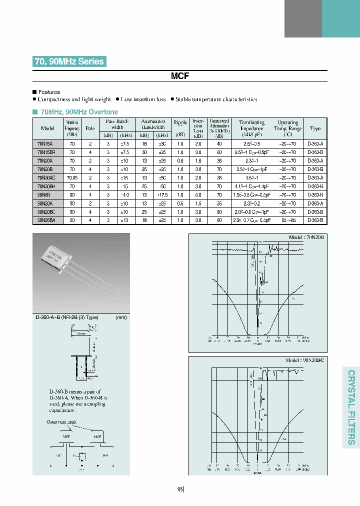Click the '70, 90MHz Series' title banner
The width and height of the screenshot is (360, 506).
(69, 61)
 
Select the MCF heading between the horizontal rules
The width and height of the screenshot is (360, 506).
(179, 76)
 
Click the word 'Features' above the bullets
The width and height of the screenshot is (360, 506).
(49, 92)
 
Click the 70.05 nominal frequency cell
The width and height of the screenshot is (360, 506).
(72, 177)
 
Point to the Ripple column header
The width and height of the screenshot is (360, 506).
(180, 122)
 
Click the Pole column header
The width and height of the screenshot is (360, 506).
(90, 128)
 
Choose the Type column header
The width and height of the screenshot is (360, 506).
(315, 128)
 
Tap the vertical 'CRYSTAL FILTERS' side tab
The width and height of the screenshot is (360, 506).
(351, 407)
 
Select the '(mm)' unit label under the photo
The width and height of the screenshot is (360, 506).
(121, 317)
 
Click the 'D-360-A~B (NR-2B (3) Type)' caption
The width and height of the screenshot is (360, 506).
(67, 317)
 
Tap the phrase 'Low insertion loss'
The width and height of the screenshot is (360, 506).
(143, 99)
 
